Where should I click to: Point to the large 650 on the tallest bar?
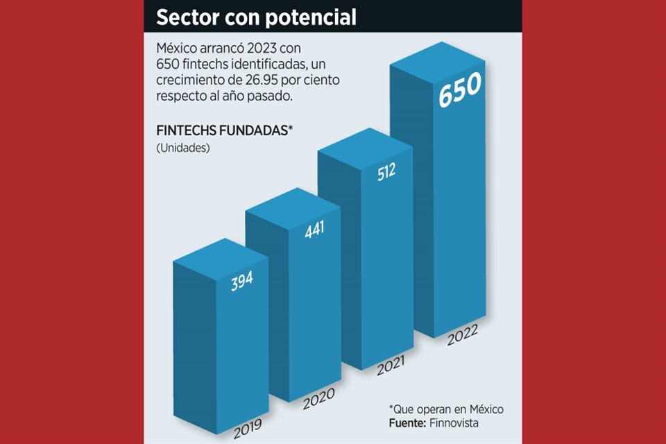click(459, 89)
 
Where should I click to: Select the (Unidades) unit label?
click(182, 148)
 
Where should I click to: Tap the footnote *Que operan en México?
click(445, 409)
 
